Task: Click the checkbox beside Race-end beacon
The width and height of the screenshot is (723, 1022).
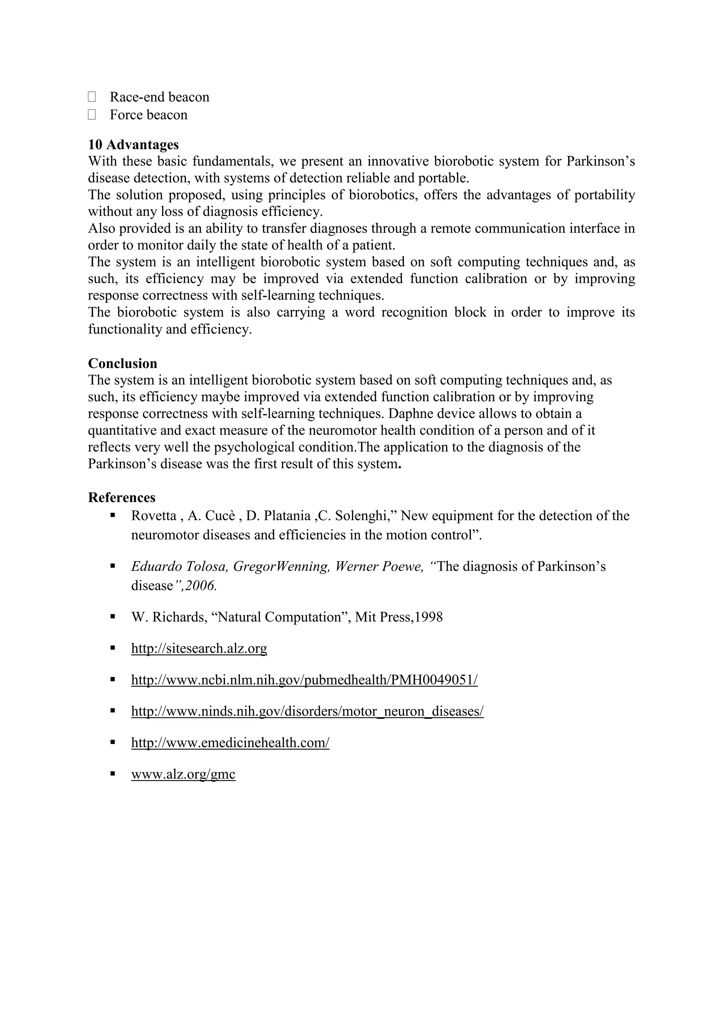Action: pyautogui.click(x=92, y=97)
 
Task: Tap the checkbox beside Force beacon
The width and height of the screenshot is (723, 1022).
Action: pyautogui.click(x=92, y=114)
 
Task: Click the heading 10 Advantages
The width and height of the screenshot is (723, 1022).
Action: pyautogui.click(x=133, y=144)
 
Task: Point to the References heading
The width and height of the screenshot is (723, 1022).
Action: pyautogui.click(x=121, y=497)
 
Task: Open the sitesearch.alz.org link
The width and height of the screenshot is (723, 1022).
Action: pyautogui.click(x=199, y=648)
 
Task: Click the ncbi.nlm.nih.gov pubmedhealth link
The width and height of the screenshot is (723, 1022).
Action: pyautogui.click(x=304, y=680)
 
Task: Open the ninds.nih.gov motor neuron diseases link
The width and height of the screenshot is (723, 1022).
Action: pyautogui.click(x=307, y=711)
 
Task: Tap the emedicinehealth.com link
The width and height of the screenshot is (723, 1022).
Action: pyautogui.click(x=230, y=743)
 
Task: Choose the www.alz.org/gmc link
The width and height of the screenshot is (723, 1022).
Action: pyautogui.click(x=183, y=774)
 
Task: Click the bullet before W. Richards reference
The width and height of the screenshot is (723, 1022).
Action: pyautogui.click(x=113, y=617)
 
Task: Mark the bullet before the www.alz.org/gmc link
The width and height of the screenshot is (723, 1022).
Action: pyautogui.click(x=113, y=774)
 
